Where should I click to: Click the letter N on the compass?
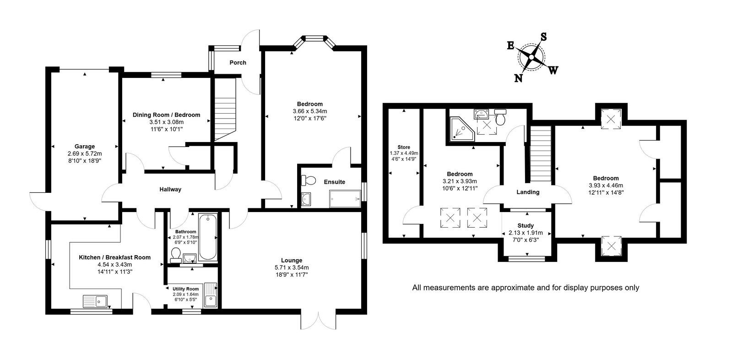[x=518, y=78]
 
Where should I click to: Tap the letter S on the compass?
[x=543, y=37]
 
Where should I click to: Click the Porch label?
[x=238, y=62]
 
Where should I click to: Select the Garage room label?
[x=85, y=147]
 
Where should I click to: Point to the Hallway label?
[x=170, y=189]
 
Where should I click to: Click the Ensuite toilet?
[x=308, y=180]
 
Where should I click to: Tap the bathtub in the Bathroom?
[x=207, y=237]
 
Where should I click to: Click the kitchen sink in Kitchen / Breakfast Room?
[x=95, y=301]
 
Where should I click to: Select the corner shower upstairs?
[x=462, y=130]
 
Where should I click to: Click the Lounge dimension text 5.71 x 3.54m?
[x=292, y=267]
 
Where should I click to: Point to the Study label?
[x=526, y=226]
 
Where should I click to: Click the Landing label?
[x=528, y=192]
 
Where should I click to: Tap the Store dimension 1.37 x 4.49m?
[x=404, y=153]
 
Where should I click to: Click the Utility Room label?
[x=185, y=289]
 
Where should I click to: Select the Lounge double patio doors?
[x=318, y=321]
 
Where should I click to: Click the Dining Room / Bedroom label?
[x=166, y=115]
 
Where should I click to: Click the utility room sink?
[x=211, y=295]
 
